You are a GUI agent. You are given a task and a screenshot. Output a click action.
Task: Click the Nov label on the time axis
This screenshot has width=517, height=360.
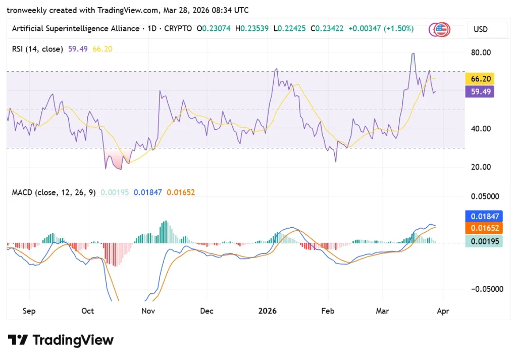148,311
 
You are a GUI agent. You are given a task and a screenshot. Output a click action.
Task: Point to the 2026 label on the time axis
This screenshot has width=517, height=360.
268,311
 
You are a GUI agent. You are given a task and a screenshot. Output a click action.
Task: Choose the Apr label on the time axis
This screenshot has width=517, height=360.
443,311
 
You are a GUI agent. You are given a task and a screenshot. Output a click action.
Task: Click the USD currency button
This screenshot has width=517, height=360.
481,29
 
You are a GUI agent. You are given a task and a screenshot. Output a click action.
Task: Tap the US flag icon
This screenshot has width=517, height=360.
442,29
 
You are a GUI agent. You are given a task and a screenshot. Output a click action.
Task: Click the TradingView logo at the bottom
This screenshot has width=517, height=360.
61,340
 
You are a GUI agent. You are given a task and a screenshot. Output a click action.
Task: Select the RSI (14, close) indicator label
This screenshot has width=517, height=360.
37,49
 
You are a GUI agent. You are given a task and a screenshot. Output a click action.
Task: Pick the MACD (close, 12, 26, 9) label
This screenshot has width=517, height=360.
54,192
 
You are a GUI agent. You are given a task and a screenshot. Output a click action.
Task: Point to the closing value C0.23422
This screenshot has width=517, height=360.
328,29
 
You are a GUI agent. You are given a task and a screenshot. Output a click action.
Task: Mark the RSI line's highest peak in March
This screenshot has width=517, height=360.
413,54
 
